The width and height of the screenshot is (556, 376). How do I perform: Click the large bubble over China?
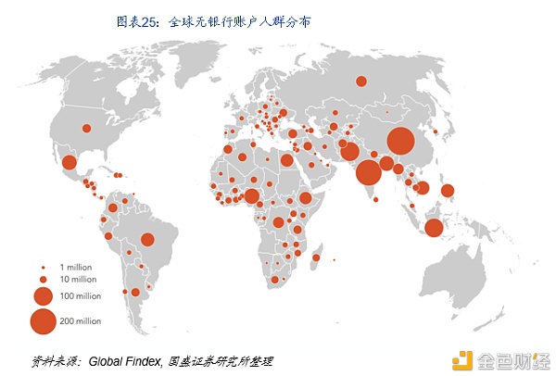click(400, 142)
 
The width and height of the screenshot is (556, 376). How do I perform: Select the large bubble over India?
click(368, 172)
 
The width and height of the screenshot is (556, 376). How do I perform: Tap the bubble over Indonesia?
click(434, 228)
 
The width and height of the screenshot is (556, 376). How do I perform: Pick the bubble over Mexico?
click(69, 163)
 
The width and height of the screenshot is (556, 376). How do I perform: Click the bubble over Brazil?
click(147, 240)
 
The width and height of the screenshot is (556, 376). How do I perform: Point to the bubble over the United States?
click(86, 129)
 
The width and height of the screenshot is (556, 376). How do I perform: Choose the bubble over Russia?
click(361, 81)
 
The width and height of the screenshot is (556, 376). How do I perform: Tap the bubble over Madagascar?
click(318, 257)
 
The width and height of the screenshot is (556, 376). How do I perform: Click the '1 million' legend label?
click(74, 267)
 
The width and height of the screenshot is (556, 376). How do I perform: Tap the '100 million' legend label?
click(79, 297)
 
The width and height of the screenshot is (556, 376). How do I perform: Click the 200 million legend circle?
click(43, 321)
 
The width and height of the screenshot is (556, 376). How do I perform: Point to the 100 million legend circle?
click(43, 297)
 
